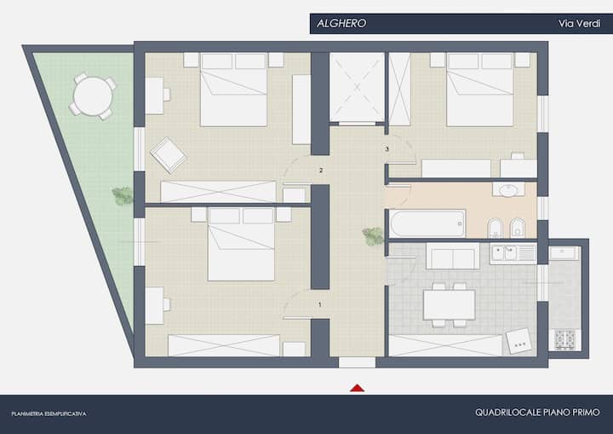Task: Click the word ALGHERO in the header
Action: click(x=341, y=24)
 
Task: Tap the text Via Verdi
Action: click(x=579, y=24)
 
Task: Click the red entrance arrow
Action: click(x=357, y=388)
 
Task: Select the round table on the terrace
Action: click(x=93, y=96)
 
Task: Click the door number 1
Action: click(x=320, y=304)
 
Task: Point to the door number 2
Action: click(x=321, y=171)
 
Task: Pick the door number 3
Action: click(x=387, y=149)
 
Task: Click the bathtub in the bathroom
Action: click(x=427, y=223)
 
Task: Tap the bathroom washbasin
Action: click(x=508, y=190)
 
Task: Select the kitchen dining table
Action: click(x=449, y=304)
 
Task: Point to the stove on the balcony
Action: click(x=565, y=339)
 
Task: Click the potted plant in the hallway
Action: click(x=373, y=236)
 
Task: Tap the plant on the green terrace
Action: click(x=123, y=196)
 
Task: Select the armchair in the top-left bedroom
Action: click(x=168, y=155)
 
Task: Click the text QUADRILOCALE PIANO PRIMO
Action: click(x=537, y=413)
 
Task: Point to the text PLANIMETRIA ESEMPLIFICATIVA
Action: click(x=49, y=414)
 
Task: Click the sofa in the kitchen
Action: click(x=453, y=256)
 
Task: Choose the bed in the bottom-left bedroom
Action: click(x=241, y=244)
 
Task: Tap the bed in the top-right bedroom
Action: click(x=479, y=90)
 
